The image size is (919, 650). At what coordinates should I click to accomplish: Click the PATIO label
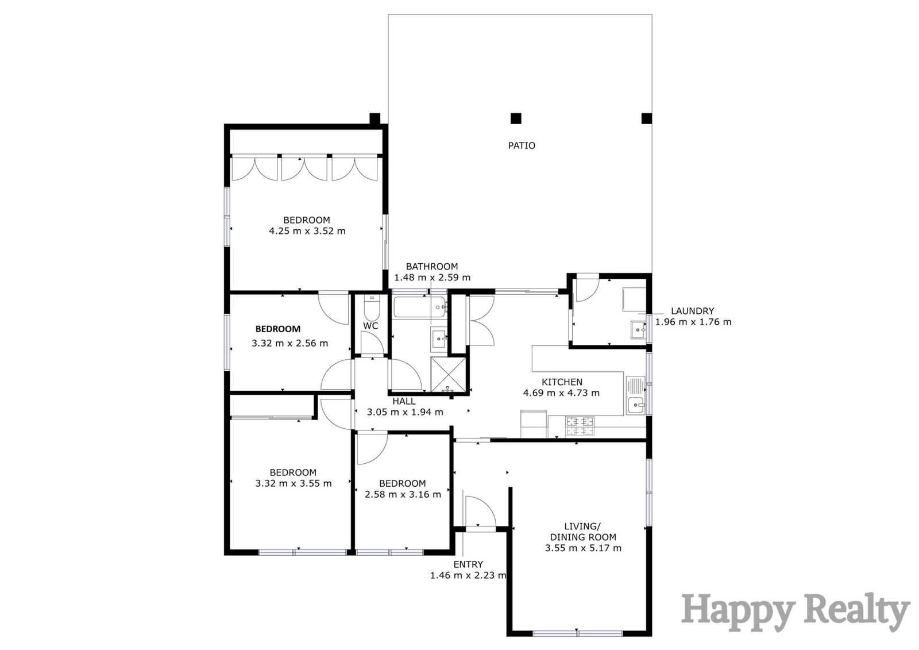coord(522,145)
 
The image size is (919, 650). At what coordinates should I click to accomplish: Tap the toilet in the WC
coord(372,307)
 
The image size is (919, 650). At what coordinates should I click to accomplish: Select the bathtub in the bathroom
coord(419,307)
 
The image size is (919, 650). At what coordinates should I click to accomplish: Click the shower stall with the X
coord(448,375)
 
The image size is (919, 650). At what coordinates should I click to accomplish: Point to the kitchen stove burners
coord(580,426)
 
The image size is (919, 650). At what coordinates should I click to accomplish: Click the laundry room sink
coord(638,329)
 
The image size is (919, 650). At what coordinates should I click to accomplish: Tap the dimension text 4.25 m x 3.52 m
coord(307,231)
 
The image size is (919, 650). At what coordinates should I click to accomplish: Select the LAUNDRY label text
coord(693,311)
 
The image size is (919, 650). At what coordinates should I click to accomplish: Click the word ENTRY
coord(468,564)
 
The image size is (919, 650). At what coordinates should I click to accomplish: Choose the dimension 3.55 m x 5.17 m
coord(583,548)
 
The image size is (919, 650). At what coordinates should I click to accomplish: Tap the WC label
coord(370,326)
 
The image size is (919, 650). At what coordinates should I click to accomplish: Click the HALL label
coord(404,402)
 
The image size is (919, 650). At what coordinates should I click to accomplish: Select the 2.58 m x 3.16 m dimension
coord(403,494)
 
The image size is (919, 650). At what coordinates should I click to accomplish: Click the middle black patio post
coord(516,118)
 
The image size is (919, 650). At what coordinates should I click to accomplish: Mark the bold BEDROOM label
coord(278,329)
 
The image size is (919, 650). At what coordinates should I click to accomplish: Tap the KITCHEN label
coord(562,382)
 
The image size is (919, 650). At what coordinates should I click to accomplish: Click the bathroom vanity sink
coord(438,339)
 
